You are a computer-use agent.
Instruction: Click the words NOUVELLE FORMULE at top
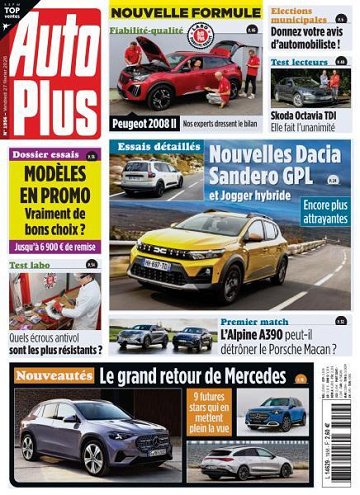[x=184, y=13]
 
